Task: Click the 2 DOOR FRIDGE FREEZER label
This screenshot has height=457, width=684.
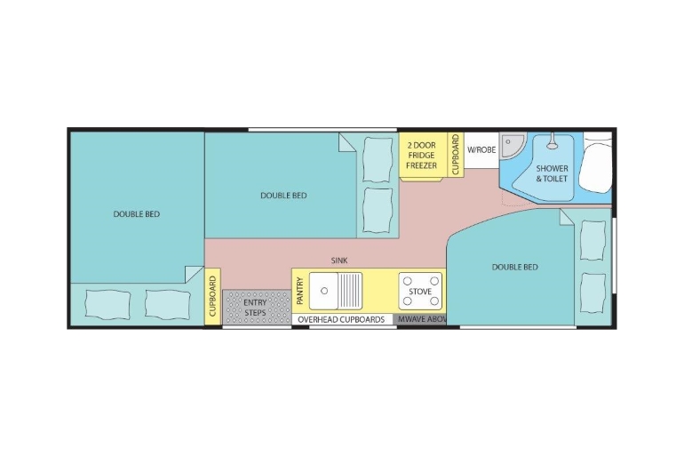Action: (421, 156)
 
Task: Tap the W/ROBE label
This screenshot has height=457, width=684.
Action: (481, 149)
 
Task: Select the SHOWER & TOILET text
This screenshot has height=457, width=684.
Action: (552, 173)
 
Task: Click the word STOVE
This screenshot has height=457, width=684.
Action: (420, 291)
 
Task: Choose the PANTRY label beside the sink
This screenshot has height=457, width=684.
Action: (300, 291)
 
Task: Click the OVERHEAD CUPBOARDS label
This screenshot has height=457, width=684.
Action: (341, 319)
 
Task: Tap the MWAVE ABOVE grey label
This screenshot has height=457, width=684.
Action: (422, 319)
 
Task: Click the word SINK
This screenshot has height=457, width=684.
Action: (339, 261)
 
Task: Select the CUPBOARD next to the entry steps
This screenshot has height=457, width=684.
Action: (212, 296)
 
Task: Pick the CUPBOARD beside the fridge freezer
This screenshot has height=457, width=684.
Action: (456, 155)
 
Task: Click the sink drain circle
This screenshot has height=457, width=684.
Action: (324, 291)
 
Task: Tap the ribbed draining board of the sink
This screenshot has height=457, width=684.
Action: (350, 291)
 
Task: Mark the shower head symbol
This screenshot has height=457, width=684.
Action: (553, 143)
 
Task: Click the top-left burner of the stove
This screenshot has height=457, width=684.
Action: (408, 281)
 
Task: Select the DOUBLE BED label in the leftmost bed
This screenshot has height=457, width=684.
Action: (137, 214)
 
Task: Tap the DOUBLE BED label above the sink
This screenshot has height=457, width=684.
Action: (283, 195)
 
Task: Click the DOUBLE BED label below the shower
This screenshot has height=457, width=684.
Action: (514, 267)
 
